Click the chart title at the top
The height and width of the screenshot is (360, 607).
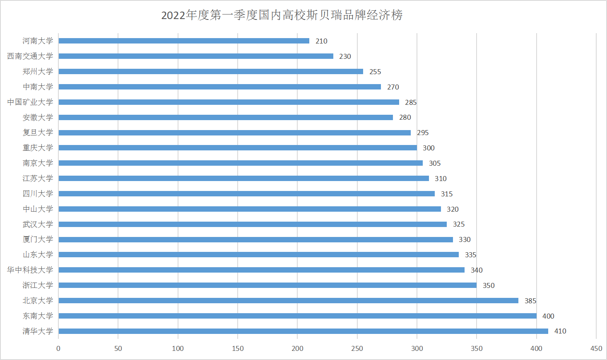point(282,15)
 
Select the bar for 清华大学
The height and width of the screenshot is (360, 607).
point(303,331)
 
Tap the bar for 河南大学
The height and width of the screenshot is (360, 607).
point(184,41)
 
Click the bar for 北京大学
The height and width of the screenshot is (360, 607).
point(288,300)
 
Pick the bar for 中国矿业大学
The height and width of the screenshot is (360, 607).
point(229,102)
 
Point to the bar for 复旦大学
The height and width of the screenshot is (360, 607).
point(234,133)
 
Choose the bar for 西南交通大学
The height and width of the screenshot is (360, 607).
point(196,56)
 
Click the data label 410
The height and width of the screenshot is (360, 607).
point(560,331)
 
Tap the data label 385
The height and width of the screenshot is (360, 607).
point(530,301)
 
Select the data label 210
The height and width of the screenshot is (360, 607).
point(321,41)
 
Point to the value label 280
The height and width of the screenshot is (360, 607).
point(405,117)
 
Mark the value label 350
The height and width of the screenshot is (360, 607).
point(489,285)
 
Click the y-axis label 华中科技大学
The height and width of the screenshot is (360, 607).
point(30,270)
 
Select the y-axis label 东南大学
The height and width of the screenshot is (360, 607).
point(38,316)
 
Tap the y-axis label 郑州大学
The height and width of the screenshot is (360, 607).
point(38,72)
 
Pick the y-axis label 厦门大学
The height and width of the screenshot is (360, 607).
point(38,239)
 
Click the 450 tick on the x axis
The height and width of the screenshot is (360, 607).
point(596,348)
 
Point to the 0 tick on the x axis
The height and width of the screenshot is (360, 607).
point(58,348)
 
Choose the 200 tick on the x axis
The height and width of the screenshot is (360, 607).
point(297,348)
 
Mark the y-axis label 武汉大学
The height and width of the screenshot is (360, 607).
point(38,224)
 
